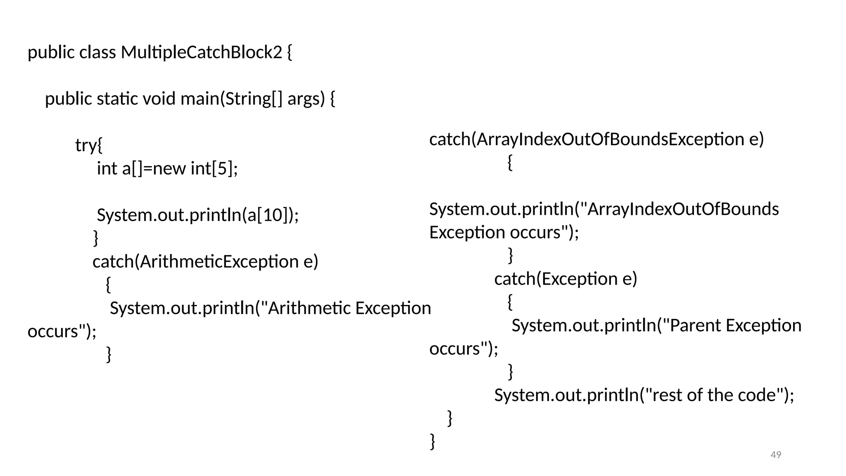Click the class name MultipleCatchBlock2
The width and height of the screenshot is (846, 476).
(x=201, y=52)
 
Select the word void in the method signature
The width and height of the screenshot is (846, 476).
(x=159, y=99)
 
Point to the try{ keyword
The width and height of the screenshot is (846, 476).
(x=89, y=145)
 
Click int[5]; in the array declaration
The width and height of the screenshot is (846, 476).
(x=214, y=169)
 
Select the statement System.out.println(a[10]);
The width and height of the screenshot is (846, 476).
(x=197, y=215)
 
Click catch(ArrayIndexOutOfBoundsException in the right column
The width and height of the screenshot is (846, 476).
(x=587, y=140)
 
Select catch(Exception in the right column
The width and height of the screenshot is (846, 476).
(x=556, y=279)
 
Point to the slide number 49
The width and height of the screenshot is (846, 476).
(x=776, y=455)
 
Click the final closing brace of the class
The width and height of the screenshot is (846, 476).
(x=433, y=441)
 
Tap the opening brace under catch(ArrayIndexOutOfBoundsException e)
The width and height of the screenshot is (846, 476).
(x=510, y=163)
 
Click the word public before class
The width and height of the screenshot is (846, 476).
(x=51, y=52)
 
